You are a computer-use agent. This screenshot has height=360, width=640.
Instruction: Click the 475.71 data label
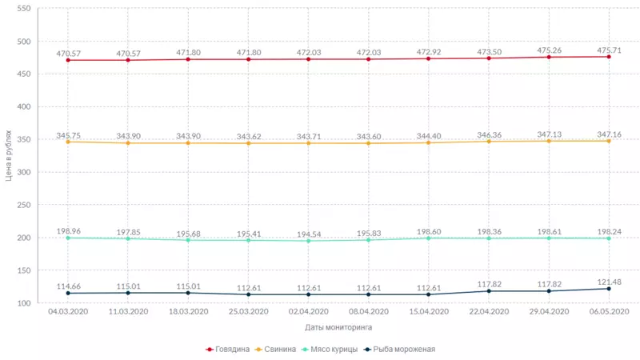tap(609, 50)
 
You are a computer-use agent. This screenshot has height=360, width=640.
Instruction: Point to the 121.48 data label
tap(609, 279)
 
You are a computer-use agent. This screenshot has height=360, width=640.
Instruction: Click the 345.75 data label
tap(69, 136)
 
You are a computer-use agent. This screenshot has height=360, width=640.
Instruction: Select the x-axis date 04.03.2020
tap(68, 311)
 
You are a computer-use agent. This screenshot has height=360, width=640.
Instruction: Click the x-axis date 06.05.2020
tap(609, 311)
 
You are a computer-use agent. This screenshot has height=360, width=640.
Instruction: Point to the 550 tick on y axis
tap(23, 9)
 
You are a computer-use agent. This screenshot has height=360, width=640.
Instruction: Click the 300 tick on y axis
tap(23, 172)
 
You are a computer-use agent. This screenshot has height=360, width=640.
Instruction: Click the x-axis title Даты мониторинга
tap(338, 327)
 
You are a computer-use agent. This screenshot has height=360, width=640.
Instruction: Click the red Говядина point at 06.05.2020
tap(609, 57)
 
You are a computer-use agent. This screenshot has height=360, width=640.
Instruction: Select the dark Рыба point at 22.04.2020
tap(489, 291)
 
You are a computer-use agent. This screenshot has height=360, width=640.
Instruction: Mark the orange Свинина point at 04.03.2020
tap(68, 142)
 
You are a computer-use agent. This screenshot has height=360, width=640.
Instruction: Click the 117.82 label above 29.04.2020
tap(549, 283)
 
